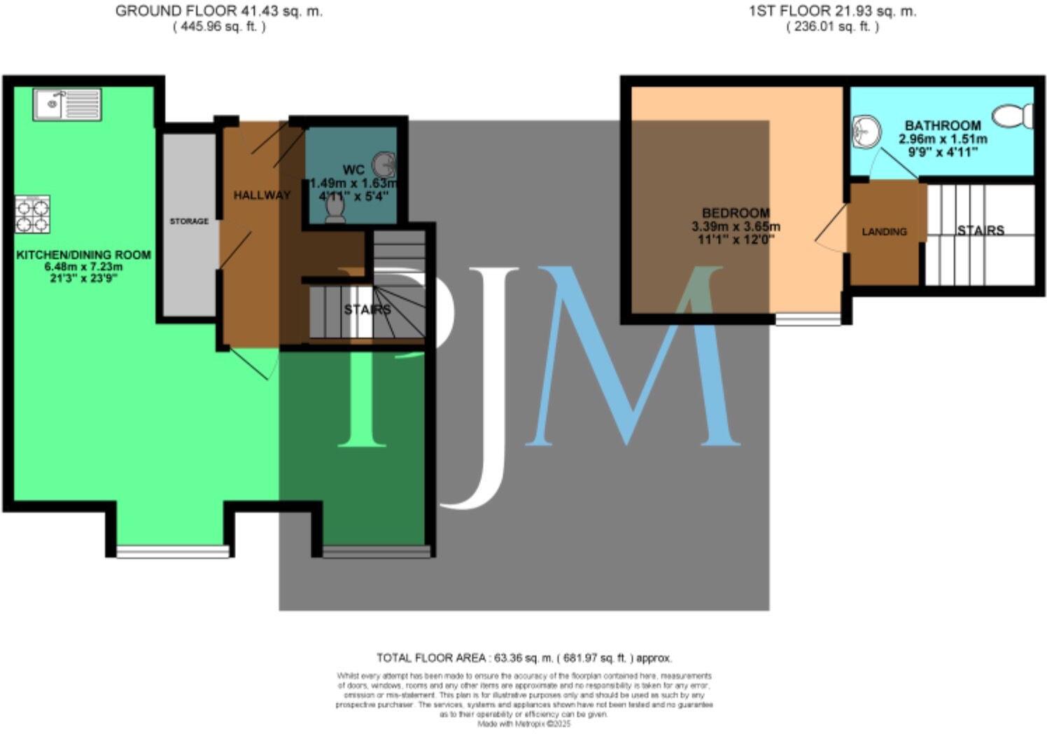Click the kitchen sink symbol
tap(67, 104)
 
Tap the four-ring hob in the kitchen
tap(33, 216)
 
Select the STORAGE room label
tap(189, 221)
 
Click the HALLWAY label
tap(262, 195)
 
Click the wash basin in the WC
tap(384, 165)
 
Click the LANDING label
tap(884, 232)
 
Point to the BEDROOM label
tap(736, 213)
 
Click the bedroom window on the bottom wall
tap(808, 320)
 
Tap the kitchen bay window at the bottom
tap(172, 552)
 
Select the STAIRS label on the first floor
tap(981, 230)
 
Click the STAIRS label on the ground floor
tap(367, 310)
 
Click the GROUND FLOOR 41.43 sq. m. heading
tap(219, 11)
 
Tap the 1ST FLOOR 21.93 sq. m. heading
tap(832, 11)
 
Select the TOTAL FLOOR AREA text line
tap(523, 658)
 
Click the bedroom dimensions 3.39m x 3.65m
tap(736, 227)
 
